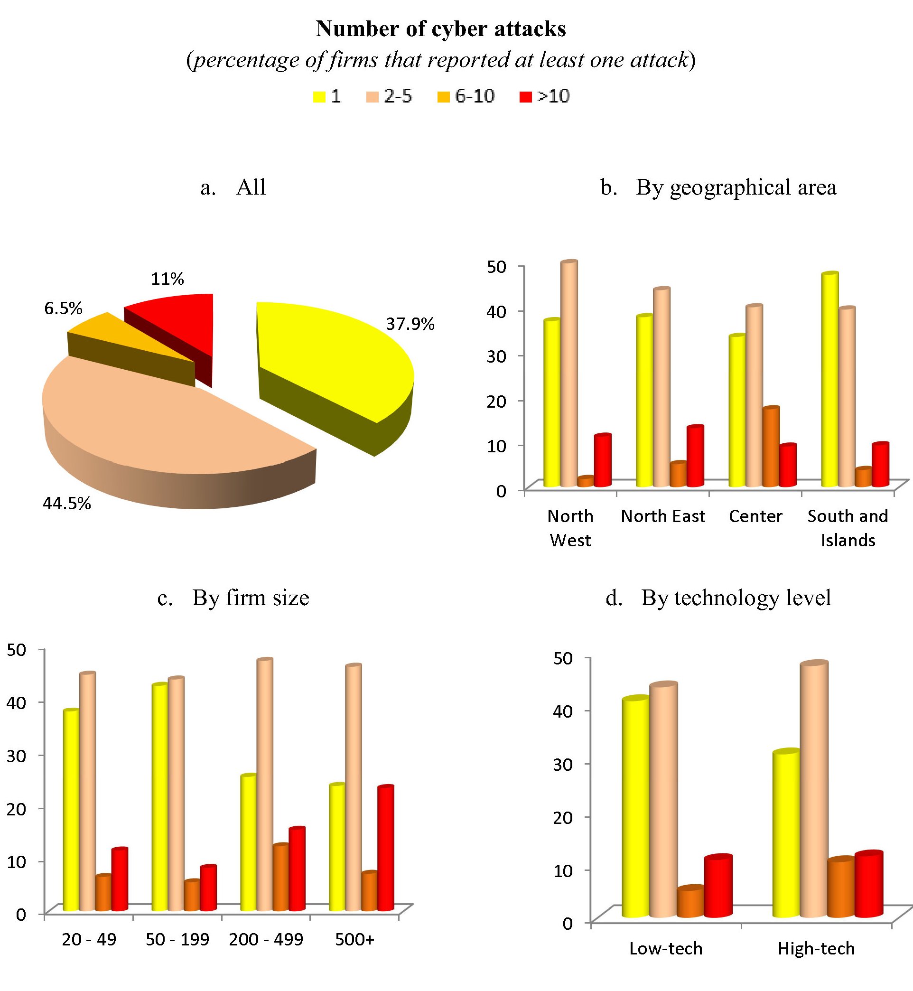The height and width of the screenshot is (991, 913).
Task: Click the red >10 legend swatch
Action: pos(526,97)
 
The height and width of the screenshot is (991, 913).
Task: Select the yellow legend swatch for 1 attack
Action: pos(319,97)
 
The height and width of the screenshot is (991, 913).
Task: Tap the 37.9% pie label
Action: pos(410,324)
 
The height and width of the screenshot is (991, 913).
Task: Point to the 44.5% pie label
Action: pos(67,504)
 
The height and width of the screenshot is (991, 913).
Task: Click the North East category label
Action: pos(662,516)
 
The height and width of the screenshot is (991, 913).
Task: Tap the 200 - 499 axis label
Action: pos(266,939)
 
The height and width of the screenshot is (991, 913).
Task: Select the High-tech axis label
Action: pos(816,948)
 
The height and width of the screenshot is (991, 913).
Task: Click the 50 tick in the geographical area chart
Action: pos(496,267)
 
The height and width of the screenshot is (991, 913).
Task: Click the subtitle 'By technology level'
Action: pos(736,598)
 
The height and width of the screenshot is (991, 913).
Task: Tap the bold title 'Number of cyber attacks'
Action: pos(441,28)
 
